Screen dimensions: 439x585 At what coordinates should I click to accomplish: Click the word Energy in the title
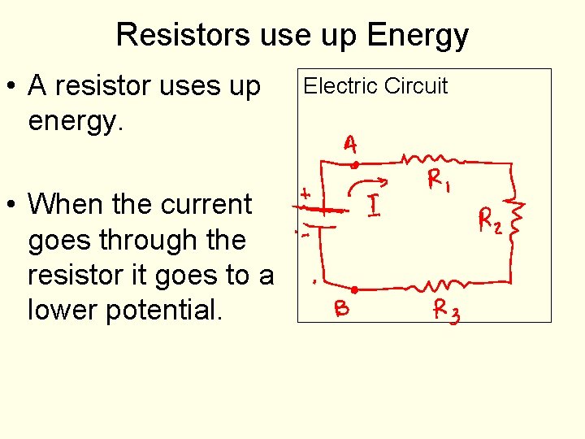coord(418,35)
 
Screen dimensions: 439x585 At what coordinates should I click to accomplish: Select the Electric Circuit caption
coord(375,86)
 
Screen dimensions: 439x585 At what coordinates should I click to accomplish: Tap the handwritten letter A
coord(349,146)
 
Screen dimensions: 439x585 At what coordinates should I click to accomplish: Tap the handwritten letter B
coord(342,309)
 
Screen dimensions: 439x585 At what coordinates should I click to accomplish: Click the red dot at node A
coord(355,164)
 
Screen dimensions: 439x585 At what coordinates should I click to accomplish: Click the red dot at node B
coord(354,289)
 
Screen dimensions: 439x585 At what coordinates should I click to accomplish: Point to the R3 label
coord(445,310)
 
